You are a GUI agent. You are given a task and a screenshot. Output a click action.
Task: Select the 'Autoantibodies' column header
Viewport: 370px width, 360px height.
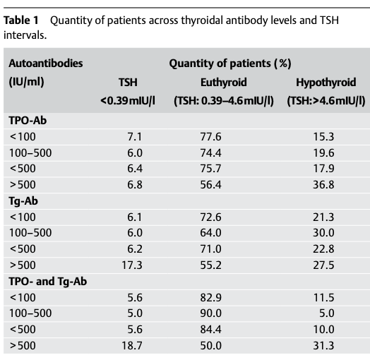click(45, 64)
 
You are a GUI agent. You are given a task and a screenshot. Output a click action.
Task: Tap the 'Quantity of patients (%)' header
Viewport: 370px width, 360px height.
click(230, 64)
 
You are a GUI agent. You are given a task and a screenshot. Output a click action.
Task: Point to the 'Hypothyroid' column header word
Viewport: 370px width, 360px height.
click(326, 83)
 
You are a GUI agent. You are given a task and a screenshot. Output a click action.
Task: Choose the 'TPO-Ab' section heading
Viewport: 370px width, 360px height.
click(26, 119)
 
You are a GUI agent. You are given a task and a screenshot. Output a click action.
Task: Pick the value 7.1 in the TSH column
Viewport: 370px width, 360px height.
click(135, 136)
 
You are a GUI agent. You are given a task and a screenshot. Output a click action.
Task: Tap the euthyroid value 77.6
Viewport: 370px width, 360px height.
click(211, 136)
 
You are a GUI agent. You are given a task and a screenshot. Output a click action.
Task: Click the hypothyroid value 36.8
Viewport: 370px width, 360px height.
click(323, 184)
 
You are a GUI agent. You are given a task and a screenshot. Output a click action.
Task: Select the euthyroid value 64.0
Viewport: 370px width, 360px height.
click(211, 234)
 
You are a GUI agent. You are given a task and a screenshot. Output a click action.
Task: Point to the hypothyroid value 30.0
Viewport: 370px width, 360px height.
click(323, 234)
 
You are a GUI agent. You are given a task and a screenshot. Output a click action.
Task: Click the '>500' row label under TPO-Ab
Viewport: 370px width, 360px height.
click(21, 184)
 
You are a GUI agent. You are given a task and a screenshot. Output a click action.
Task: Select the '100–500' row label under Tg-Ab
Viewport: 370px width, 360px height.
click(29, 234)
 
